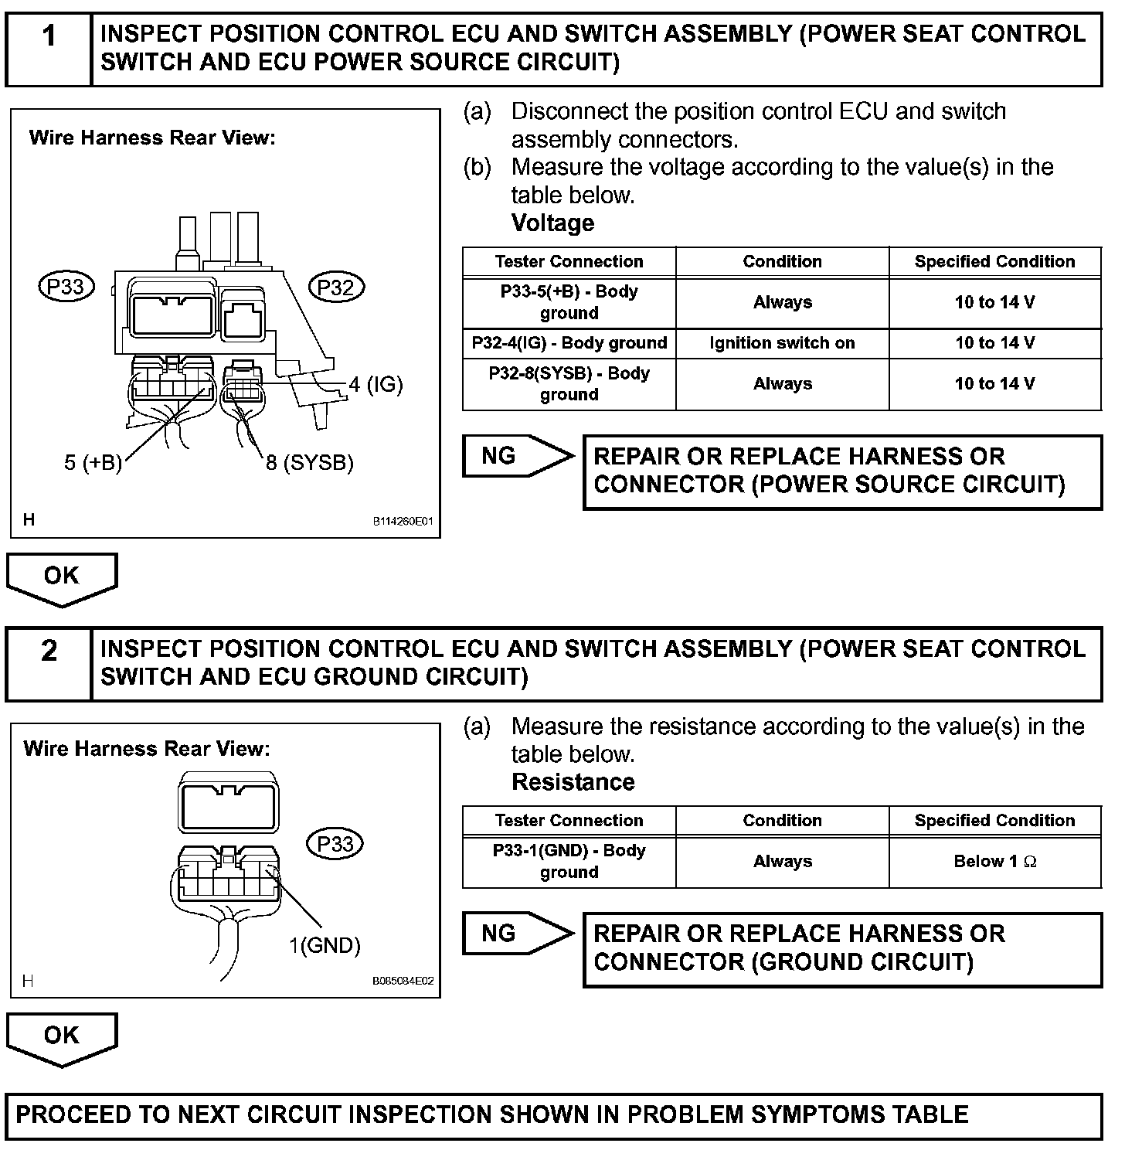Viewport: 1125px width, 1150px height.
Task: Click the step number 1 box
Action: coord(49,48)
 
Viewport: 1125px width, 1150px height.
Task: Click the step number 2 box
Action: coord(49,663)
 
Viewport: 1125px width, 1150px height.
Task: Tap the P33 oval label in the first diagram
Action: coord(66,287)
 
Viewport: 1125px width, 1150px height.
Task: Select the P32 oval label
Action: coord(336,287)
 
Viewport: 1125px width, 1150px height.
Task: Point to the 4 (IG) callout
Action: coord(376,384)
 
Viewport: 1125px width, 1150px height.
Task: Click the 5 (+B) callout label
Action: coord(93,463)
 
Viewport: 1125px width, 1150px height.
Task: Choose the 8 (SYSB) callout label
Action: coord(310,463)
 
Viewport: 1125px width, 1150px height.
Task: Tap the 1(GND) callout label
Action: coord(325,945)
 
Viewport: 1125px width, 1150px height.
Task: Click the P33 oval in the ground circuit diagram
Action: coord(335,844)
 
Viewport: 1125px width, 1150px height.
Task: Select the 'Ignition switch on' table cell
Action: coord(782,343)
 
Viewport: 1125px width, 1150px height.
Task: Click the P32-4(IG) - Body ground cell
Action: coord(569,343)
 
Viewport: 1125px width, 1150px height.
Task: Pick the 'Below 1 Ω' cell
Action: coord(995,861)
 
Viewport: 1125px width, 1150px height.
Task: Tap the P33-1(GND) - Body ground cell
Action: coord(569,861)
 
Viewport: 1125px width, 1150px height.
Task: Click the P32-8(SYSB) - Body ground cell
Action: coord(569,384)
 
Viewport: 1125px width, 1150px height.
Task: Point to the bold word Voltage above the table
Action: coord(553,223)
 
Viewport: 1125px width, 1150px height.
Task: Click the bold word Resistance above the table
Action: coord(573,782)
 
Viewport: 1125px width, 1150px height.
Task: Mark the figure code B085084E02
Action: coord(403,982)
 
